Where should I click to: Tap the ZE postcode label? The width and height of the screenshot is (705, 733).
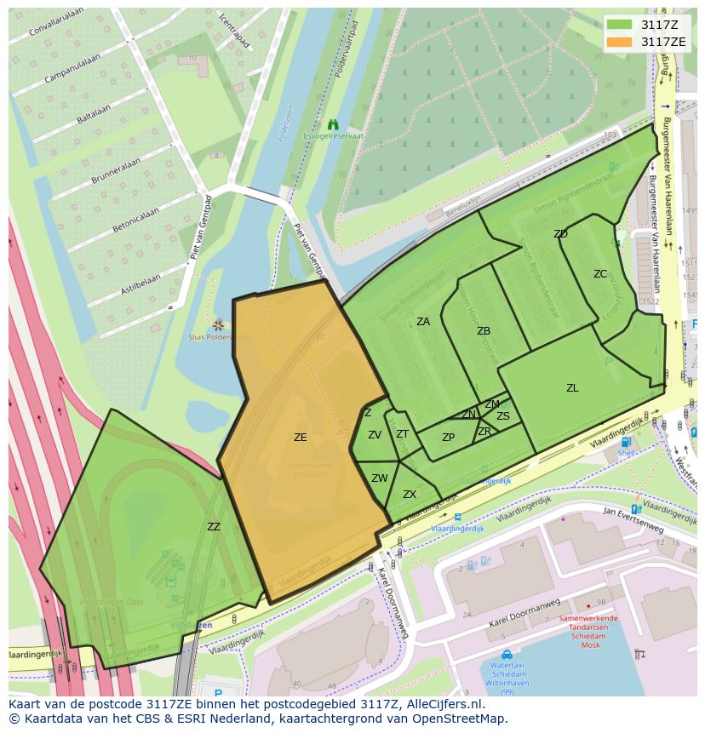point(300,438)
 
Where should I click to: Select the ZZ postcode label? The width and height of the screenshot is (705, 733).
point(213,527)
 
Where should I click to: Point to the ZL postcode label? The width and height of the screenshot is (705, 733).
point(572,388)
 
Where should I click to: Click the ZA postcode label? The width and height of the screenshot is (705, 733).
point(423,322)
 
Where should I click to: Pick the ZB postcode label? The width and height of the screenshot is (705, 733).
point(484,331)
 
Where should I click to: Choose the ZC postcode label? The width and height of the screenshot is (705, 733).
point(600,274)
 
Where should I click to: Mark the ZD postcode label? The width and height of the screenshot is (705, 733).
point(560,234)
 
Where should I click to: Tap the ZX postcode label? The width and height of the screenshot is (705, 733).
point(410,495)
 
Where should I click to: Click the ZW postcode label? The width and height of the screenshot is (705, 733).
point(380,478)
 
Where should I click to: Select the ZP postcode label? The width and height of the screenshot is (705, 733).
point(449,438)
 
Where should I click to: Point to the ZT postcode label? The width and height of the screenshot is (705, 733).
point(403,434)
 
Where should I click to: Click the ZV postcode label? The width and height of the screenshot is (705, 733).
point(375,435)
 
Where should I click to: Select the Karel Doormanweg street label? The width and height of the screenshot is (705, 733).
point(524,615)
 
